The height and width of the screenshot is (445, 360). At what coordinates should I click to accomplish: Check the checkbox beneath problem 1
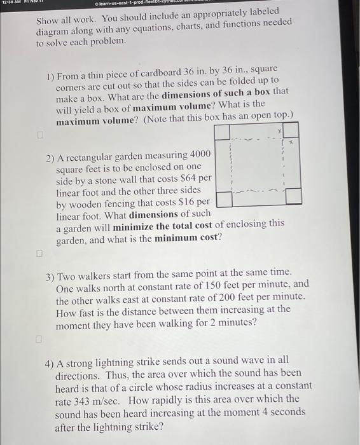(39, 136)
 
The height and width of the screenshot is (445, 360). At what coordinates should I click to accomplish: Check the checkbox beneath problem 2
(39, 254)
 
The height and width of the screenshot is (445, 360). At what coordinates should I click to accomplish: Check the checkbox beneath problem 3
(39, 339)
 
